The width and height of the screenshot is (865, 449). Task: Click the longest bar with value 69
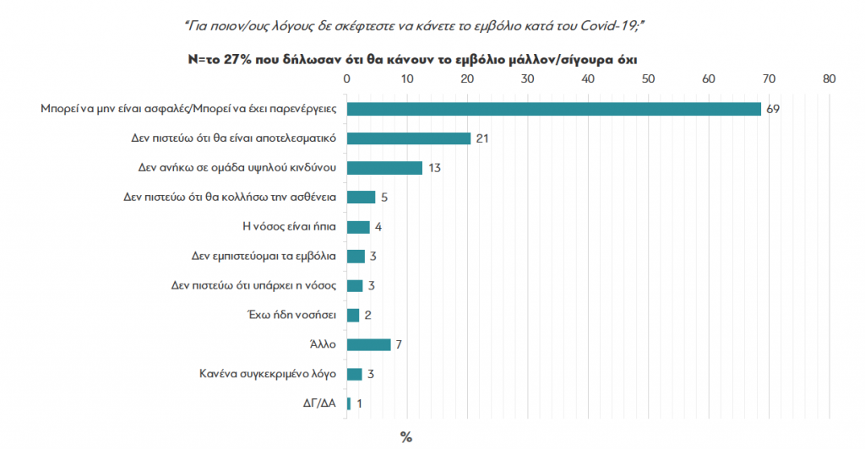point(553,109)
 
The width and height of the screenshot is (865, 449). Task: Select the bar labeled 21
point(408,138)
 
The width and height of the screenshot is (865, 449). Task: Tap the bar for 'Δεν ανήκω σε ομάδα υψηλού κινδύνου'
point(384,168)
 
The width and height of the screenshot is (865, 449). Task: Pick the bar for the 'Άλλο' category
point(368,344)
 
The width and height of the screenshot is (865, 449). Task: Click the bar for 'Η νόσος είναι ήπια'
point(358,226)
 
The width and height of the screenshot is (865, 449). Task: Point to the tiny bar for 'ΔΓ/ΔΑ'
point(349,403)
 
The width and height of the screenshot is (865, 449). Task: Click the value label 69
point(773,109)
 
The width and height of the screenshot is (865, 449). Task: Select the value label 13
point(436,168)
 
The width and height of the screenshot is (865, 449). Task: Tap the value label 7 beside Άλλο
point(400,344)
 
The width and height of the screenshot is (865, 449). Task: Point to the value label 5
point(384,197)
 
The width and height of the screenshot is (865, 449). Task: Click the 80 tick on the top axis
point(829,78)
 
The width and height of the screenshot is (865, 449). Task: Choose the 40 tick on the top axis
point(588,78)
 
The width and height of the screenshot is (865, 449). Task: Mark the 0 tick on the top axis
point(346,78)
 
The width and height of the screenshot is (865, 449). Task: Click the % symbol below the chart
point(405,437)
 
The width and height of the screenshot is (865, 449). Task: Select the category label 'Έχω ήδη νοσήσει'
point(290,315)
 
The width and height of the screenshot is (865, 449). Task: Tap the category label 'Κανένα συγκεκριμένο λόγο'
point(268,374)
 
